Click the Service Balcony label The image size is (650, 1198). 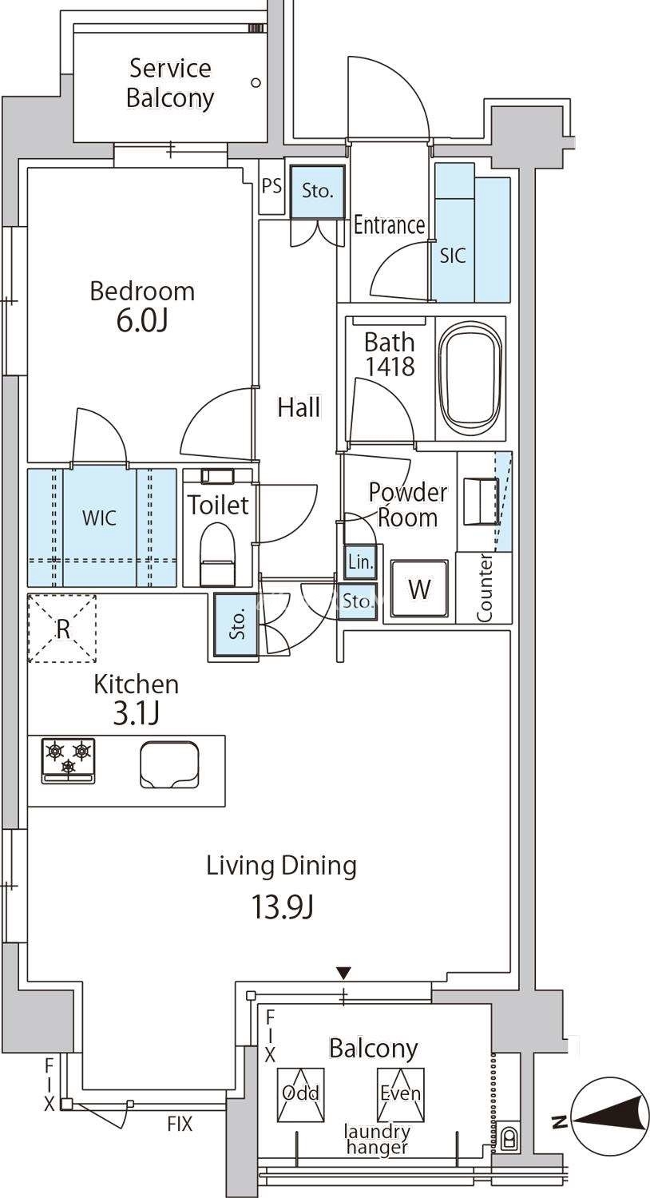[170, 83]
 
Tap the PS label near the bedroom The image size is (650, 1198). [271, 186]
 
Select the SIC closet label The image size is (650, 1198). [452, 256]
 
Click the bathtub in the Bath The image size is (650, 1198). [470, 379]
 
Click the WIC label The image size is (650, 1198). [100, 518]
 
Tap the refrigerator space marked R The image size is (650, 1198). [62, 629]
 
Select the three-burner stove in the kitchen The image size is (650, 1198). [69, 761]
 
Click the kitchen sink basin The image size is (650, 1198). [169, 764]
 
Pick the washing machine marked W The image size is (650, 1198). [419, 589]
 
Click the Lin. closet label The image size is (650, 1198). [360, 562]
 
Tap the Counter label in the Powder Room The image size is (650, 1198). [484, 588]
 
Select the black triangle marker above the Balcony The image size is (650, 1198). [343, 972]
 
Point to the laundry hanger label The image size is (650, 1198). [378, 1139]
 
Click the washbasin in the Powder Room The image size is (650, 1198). [481, 502]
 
